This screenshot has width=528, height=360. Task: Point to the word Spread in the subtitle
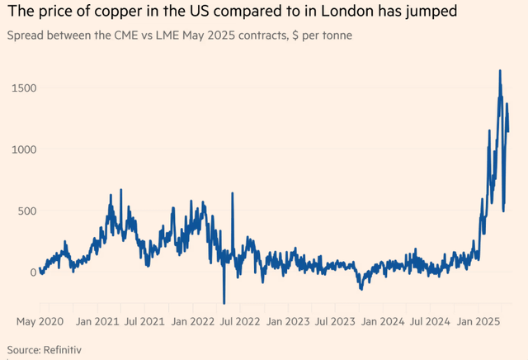click(x=24, y=37)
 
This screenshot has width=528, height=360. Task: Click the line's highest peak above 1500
click(x=500, y=71)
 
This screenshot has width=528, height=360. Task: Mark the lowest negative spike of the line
click(x=224, y=303)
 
